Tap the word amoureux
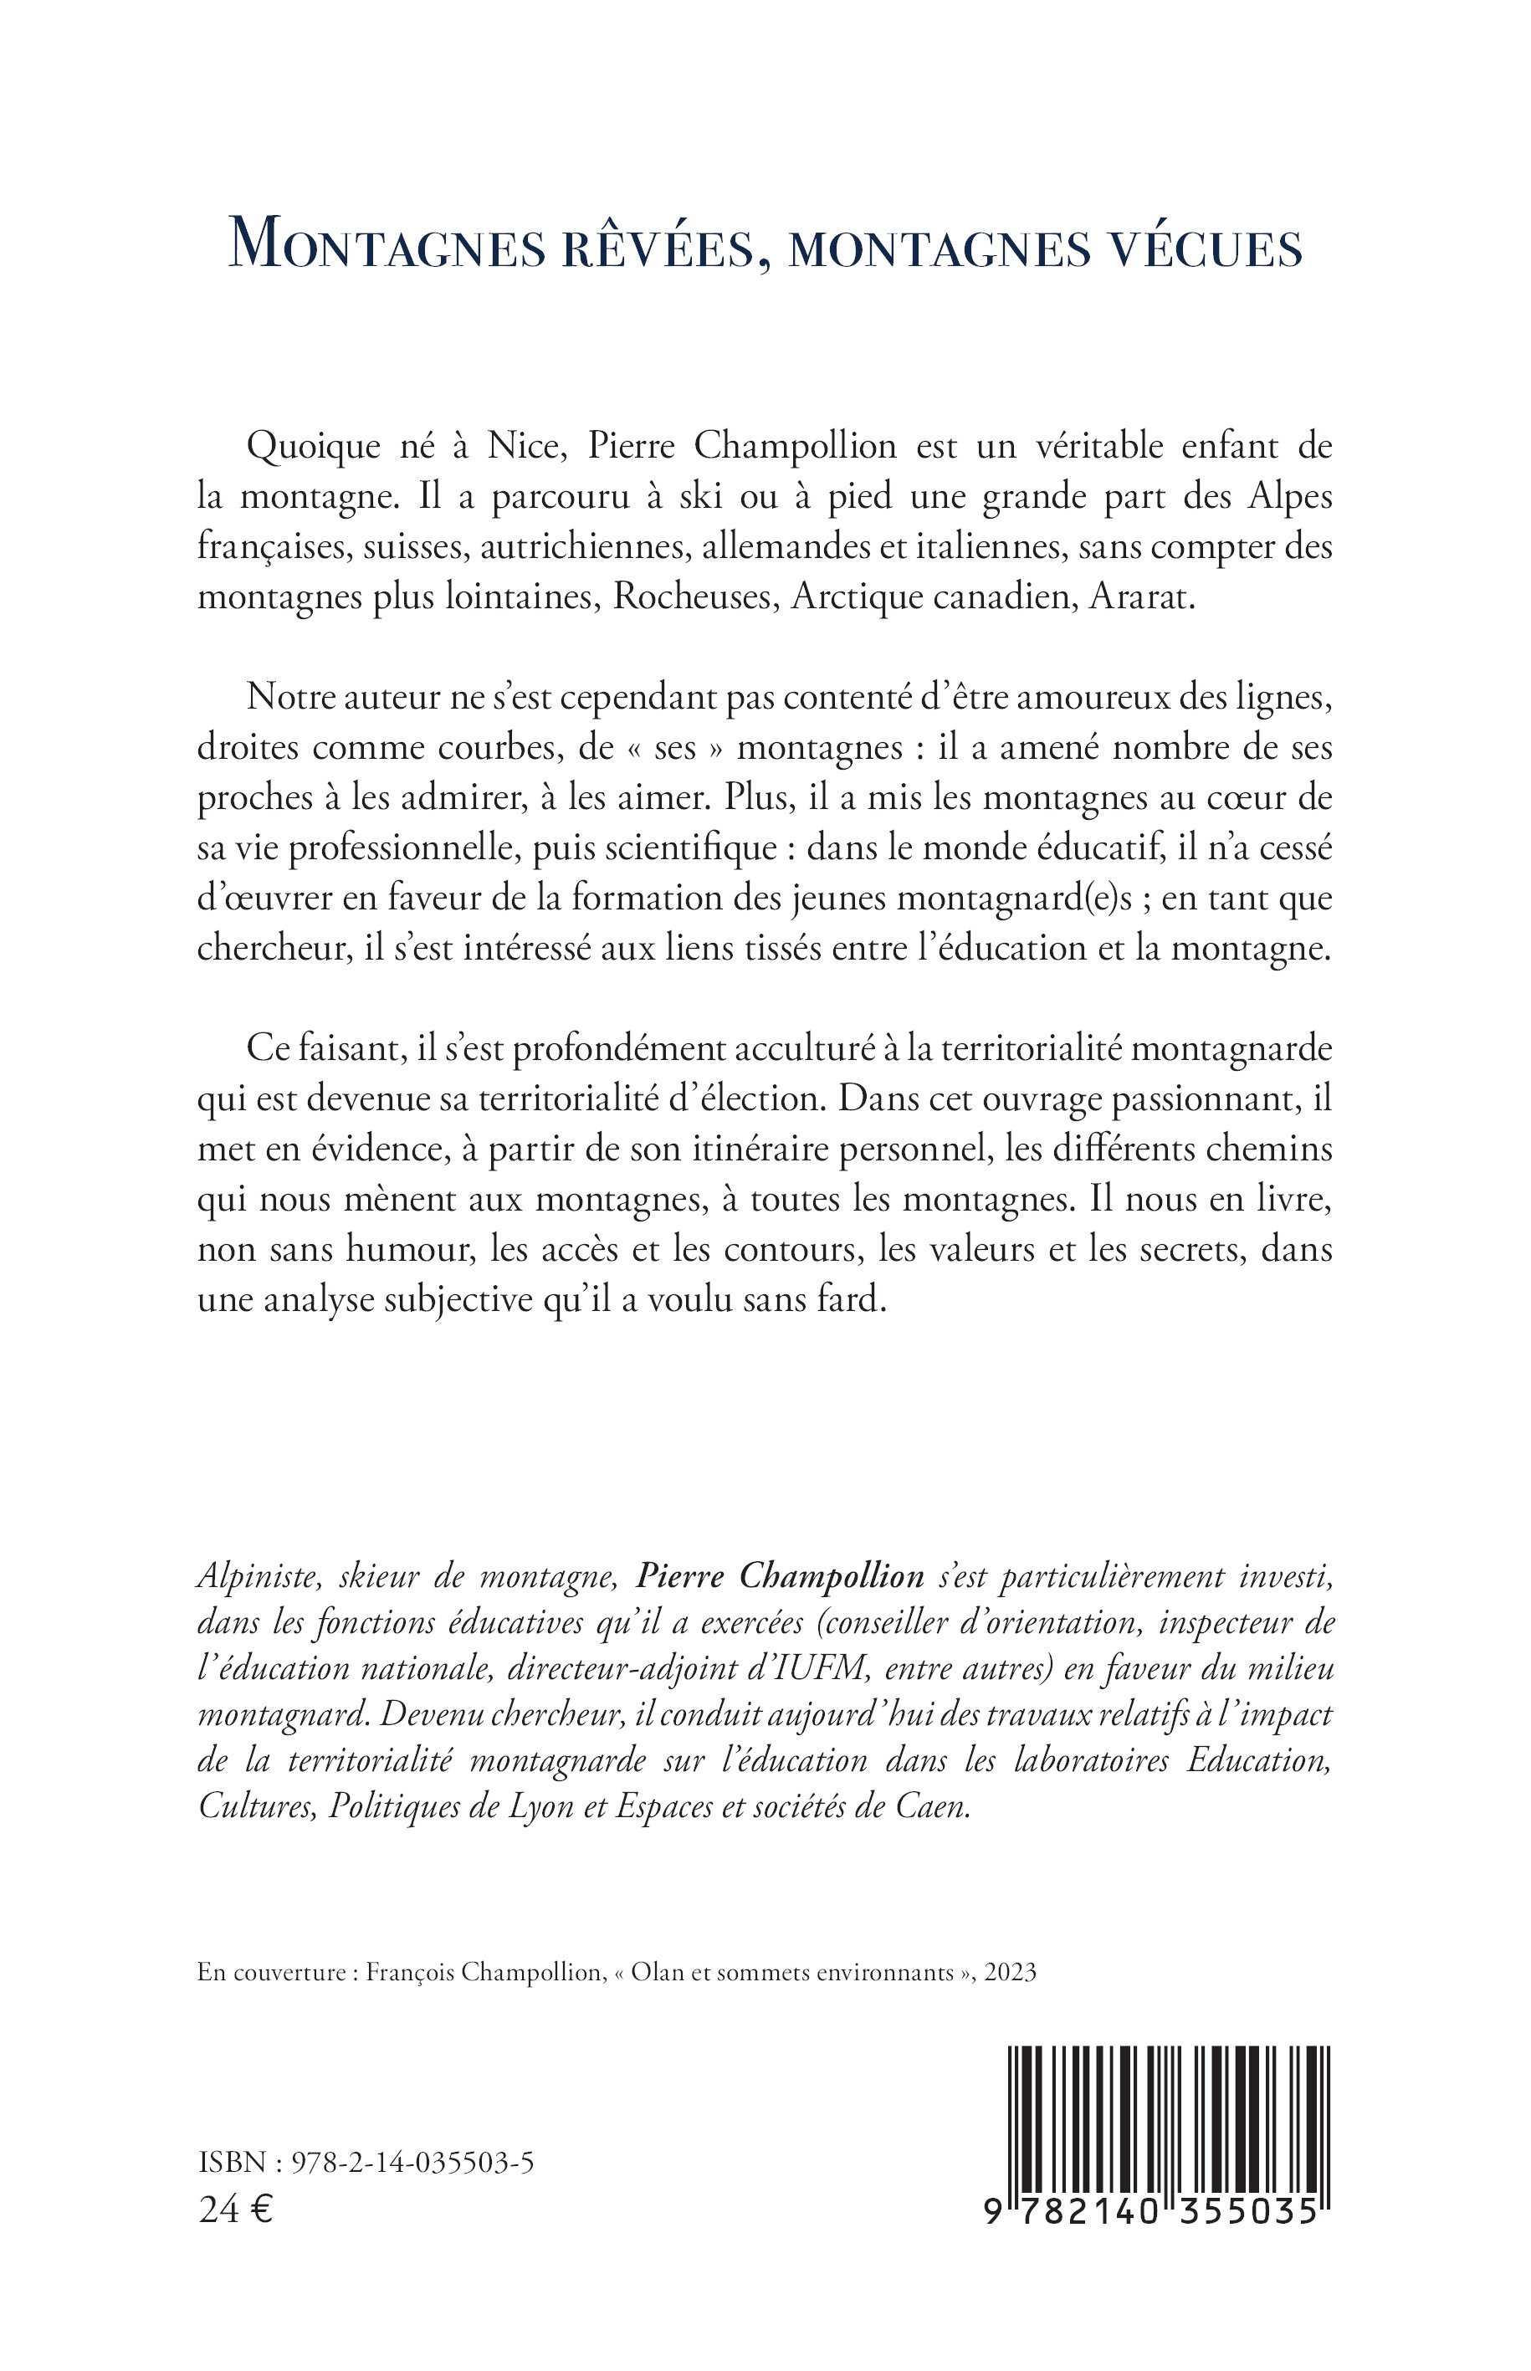[x=1071, y=696]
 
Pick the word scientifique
[x=685, y=847]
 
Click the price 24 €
[x=237, y=2211]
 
